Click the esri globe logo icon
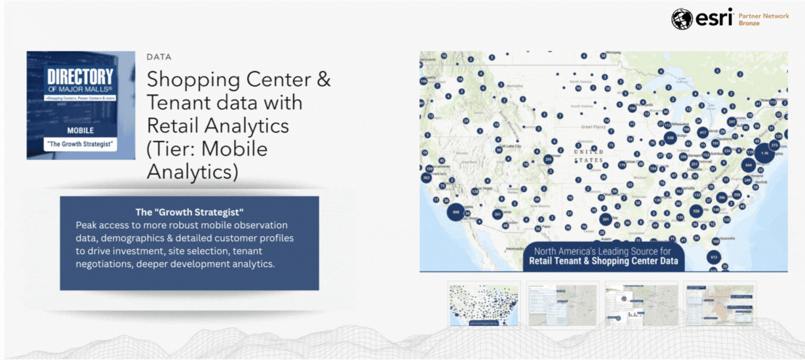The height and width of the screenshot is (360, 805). pyautogui.click(x=682, y=18)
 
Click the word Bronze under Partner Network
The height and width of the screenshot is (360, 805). pyautogui.click(x=749, y=23)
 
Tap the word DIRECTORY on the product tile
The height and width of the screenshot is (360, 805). pyautogui.click(x=81, y=77)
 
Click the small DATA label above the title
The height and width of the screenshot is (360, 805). pyautogui.click(x=159, y=57)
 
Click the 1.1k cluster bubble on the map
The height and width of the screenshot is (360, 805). pyautogui.click(x=764, y=152)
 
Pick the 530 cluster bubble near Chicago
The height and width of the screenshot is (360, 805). pyautogui.click(x=669, y=138)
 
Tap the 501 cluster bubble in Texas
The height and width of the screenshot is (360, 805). pyautogui.click(x=606, y=220)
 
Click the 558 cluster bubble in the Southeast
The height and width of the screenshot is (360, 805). pyautogui.click(x=696, y=211)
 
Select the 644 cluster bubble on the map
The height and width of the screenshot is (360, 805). pyautogui.click(x=748, y=167)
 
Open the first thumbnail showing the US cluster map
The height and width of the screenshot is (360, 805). pyautogui.click(x=484, y=304)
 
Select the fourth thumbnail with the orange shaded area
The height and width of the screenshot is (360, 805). pyautogui.click(x=719, y=304)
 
